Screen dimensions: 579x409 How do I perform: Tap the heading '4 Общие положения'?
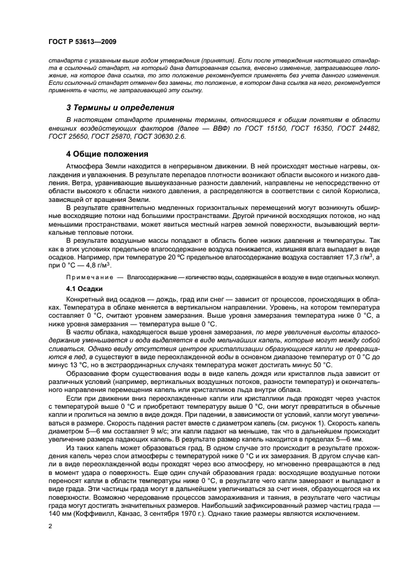tap(106, 154)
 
